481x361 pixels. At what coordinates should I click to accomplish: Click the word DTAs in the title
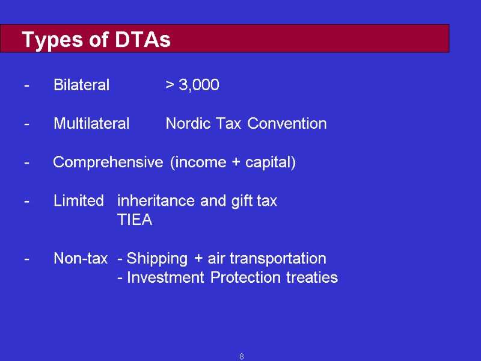coord(143,40)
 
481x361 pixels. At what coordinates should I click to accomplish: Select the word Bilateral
coord(81,85)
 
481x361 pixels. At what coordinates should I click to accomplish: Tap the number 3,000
coord(199,85)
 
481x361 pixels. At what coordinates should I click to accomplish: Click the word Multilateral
coord(91,124)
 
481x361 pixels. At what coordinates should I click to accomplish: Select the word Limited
coord(78,201)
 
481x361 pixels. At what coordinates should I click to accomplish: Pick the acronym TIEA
coord(135,220)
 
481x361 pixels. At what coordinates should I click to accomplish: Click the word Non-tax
coord(81,259)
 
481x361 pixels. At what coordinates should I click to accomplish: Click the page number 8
coord(241,357)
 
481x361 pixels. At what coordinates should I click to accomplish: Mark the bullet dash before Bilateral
coord(26,85)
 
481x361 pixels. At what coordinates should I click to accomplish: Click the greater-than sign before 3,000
coord(170,85)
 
